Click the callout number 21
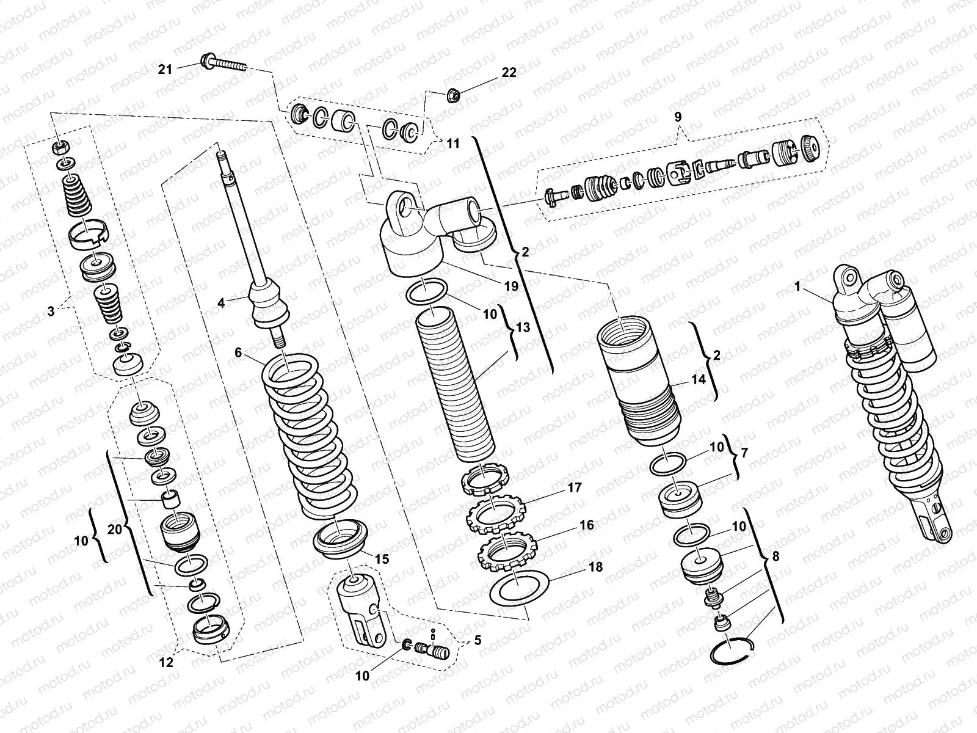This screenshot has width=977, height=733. (x=165, y=69)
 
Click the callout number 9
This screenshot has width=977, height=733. (x=678, y=116)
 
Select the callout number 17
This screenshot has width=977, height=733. (x=574, y=488)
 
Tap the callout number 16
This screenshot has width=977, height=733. (x=587, y=525)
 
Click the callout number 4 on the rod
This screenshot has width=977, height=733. (x=221, y=302)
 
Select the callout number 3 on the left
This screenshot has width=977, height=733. (x=51, y=311)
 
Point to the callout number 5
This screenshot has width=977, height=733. (x=477, y=641)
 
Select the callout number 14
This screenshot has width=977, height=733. (x=699, y=379)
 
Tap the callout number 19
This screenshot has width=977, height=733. (x=510, y=286)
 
